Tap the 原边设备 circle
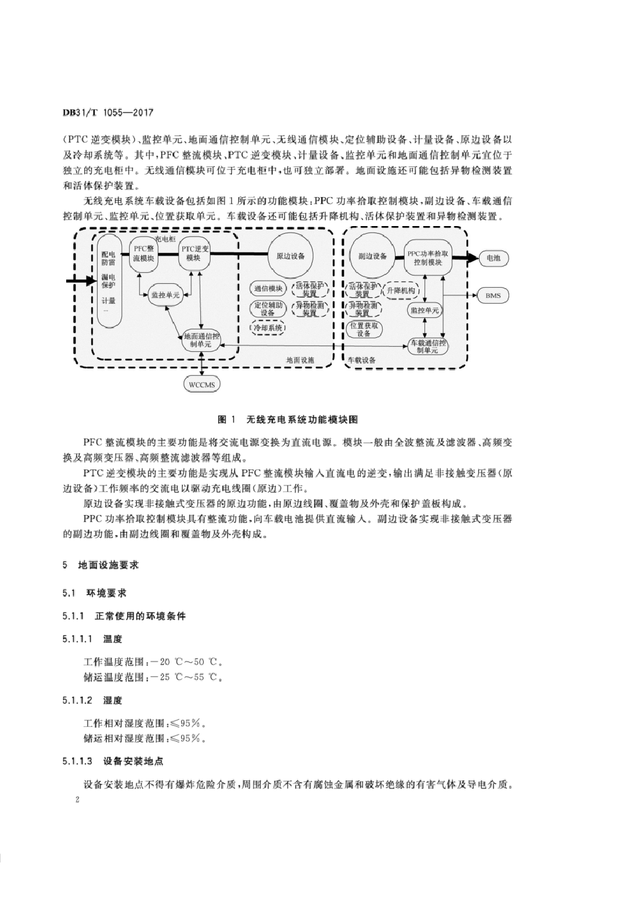coord(290,256)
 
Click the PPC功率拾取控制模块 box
coord(428,258)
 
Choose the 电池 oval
coord(493,258)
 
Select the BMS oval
coord(493,295)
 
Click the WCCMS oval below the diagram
coord(202,384)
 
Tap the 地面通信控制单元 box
coord(201,340)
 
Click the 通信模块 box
coord(268,288)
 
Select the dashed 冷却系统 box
coord(268,328)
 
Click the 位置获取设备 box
coord(363,329)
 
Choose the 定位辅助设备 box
coord(268,308)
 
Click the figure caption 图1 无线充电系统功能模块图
coord(287,419)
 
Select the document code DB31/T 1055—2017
coord(108,112)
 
